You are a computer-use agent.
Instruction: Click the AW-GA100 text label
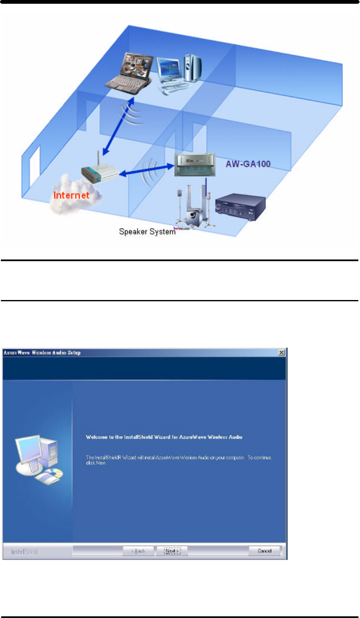pyautogui.click(x=248, y=164)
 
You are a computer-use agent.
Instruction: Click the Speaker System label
pyautogui.click(x=147, y=231)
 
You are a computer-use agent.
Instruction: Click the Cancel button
pyautogui.click(x=265, y=551)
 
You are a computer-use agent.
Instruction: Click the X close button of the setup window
pyautogui.click(x=282, y=353)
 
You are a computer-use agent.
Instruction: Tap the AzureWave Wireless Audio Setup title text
pyautogui.click(x=42, y=353)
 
